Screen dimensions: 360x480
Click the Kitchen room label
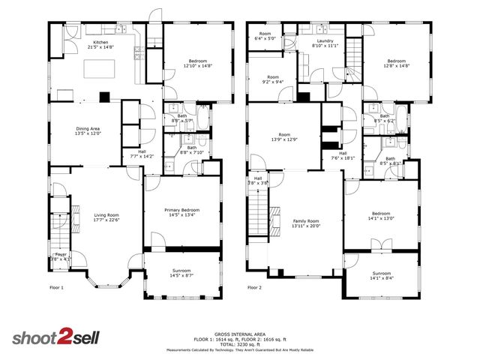(101, 43)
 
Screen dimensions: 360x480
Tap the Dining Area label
(88, 129)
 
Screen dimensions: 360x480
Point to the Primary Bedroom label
(182, 210)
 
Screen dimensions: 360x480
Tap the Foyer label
(60, 255)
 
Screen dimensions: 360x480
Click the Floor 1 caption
(57, 287)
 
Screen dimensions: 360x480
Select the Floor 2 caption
(255, 287)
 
